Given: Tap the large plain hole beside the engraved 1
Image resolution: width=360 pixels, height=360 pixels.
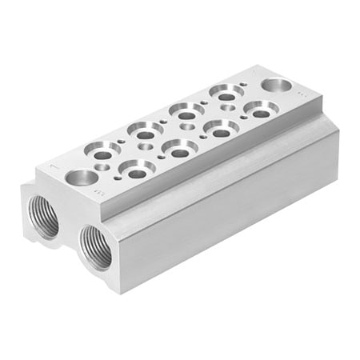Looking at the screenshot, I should point(80,178).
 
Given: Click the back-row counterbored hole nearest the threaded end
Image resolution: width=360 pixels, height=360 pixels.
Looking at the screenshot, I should point(103,148).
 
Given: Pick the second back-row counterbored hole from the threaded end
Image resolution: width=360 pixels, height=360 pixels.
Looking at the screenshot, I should point(146,128).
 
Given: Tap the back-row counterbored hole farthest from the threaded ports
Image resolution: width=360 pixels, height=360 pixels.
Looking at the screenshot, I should point(226,92).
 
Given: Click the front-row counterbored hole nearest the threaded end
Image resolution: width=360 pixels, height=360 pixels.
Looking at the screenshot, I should point(138,169).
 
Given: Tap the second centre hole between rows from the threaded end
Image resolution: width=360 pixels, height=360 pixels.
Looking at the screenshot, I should point(186,127).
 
